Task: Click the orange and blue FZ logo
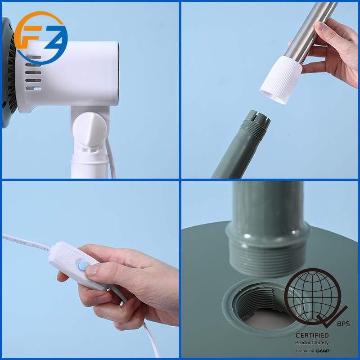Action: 40,38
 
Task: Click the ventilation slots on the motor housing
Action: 34,74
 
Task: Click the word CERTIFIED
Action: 312,335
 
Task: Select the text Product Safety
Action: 312,342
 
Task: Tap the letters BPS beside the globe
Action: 343,323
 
